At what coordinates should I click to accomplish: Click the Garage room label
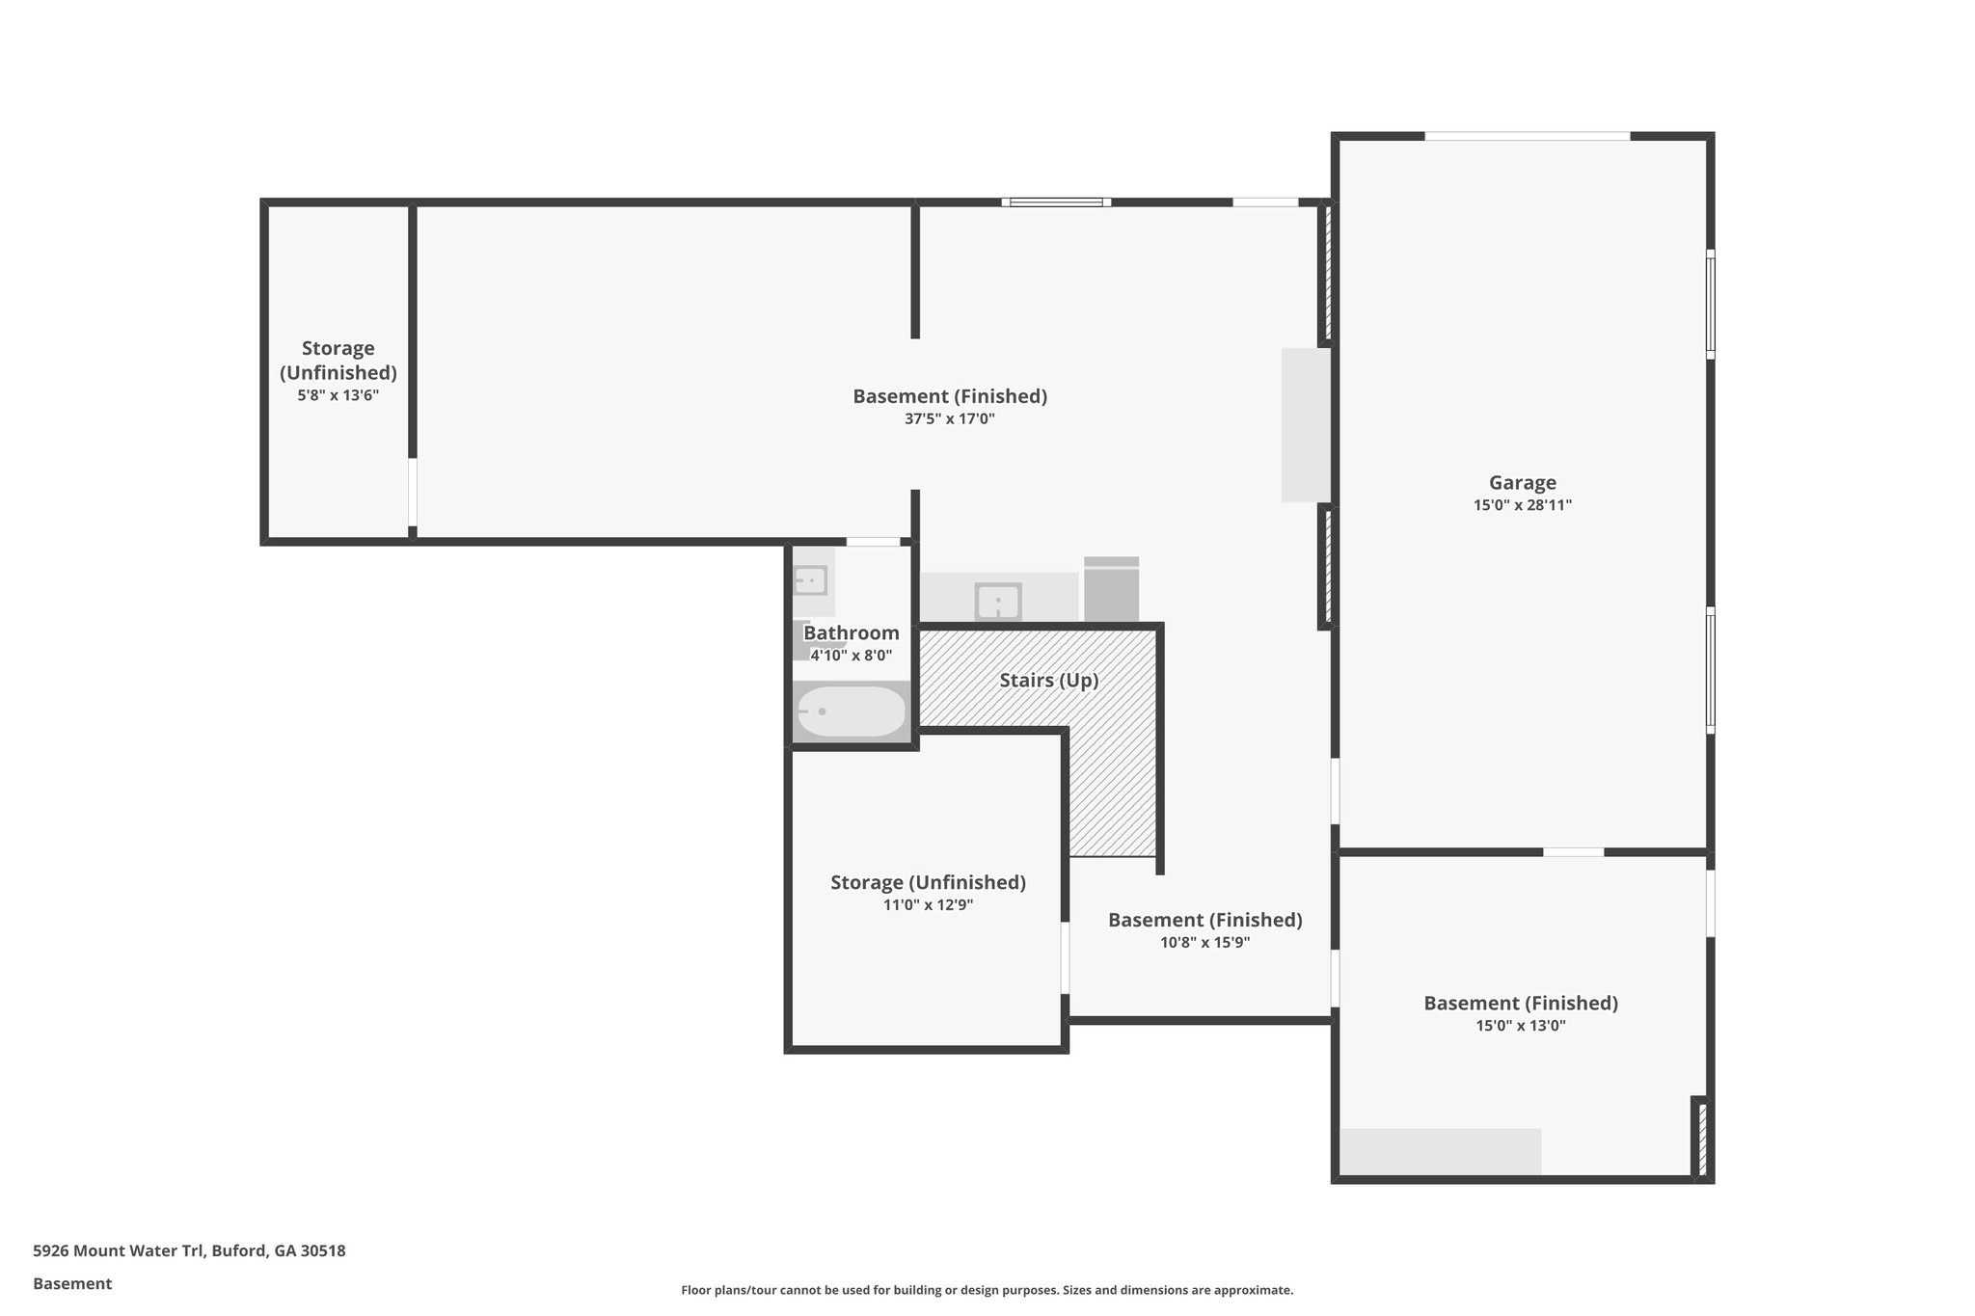click(x=1522, y=483)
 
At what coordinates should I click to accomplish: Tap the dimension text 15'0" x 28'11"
click(x=1522, y=505)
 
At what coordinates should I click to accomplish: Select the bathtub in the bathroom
click(x=851, y=712)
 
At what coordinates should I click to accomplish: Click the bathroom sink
click(x=810, y=581)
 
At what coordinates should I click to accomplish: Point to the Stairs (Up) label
click(x=1048, y=681)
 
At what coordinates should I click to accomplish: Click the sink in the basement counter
click(x=998, y=602)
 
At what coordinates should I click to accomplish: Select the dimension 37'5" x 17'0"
click(x=949, y=419)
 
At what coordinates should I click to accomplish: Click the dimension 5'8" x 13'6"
click(x=338, y=395)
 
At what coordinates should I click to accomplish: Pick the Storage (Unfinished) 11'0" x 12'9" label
click(x=928, y=883)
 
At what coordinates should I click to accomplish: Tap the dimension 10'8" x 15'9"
click(x=1204, y=943)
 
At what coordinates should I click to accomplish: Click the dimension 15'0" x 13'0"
click(x=1520, y=1026)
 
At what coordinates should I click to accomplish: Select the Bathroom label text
click(x=851, y=633)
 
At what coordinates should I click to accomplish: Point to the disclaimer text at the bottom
click(x=987, y=1290)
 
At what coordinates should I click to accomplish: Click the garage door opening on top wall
click(x=1527, y=136)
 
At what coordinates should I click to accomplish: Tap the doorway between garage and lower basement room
click(x=1573, y=852)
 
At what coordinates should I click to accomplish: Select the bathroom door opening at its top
click(x=873, y=542)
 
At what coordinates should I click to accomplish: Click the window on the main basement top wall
click(x=1056, y=202)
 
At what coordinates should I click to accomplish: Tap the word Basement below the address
click(x=72, y=1284)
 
